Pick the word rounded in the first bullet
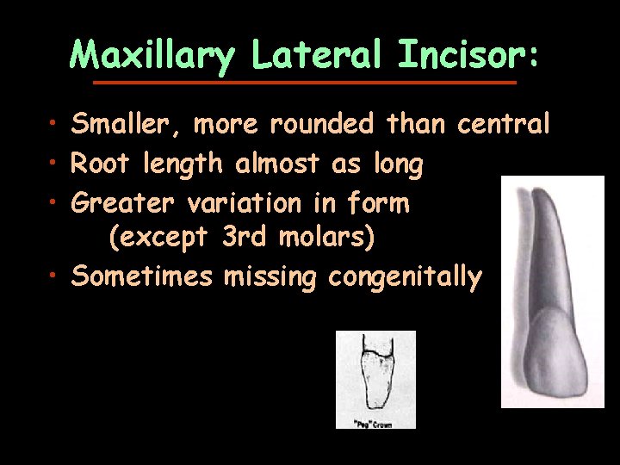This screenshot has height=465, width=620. click(322, 125)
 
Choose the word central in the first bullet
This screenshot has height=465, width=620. click(503, 125)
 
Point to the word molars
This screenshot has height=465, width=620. click(327, 237)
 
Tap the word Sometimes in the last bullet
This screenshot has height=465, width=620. click(141, 276)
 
